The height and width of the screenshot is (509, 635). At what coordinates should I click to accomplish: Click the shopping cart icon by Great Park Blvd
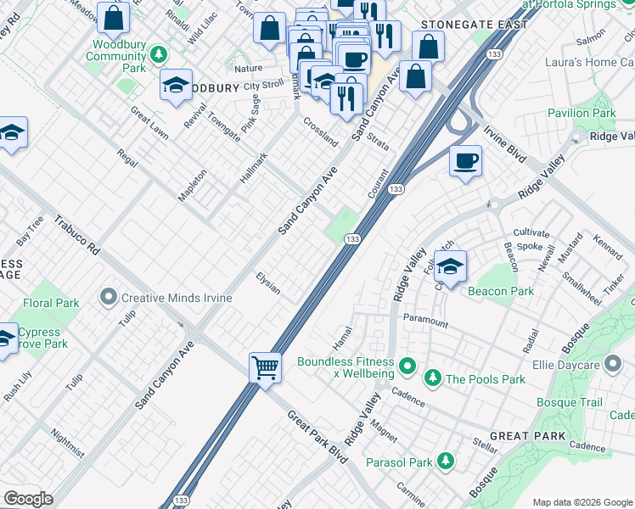point(265,368)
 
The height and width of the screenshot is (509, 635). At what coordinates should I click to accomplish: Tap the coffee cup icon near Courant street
point(464,161)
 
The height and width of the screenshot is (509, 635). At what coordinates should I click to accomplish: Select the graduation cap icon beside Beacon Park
point(450,266)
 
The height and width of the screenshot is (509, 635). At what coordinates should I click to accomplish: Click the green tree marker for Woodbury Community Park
point(158,55)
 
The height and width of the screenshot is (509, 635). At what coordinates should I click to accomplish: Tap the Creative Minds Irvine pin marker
point(108,297)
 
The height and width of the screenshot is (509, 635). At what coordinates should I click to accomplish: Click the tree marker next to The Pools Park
point(433,378)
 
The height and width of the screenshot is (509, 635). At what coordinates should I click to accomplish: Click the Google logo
point(27,499)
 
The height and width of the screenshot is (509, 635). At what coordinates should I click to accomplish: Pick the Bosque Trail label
point(569,402)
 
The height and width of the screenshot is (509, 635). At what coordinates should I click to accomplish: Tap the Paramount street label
point(425,322)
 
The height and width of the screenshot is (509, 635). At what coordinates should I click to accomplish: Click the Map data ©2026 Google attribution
point(582,501)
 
